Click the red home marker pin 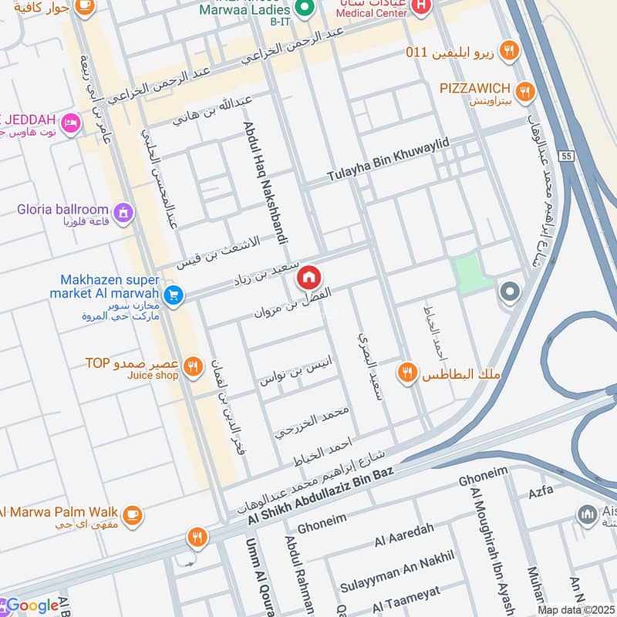[x=309, y=277]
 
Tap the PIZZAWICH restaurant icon [x=525, y=92]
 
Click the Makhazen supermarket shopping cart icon [x=174, y=295]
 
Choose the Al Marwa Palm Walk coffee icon [x=133, y=513]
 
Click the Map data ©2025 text [x=575, y=609]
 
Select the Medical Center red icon [x=421, y=8]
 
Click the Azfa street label [x=541, y=491]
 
